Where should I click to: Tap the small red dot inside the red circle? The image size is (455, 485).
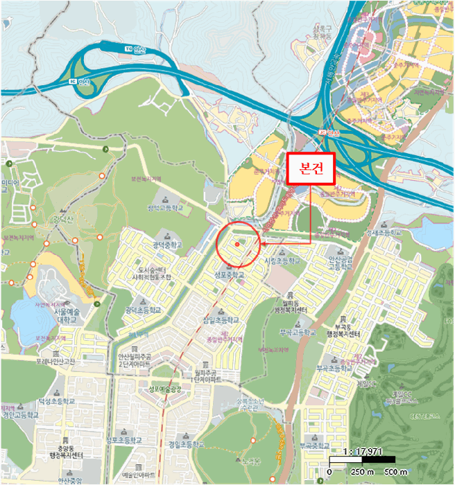click(237, 244)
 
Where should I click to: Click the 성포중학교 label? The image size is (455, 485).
click(230, 275)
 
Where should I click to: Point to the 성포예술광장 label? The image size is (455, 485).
click(164, 389)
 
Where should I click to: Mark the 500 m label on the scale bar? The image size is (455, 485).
click(396, 472)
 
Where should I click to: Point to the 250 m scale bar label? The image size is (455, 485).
click(357, 472)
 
